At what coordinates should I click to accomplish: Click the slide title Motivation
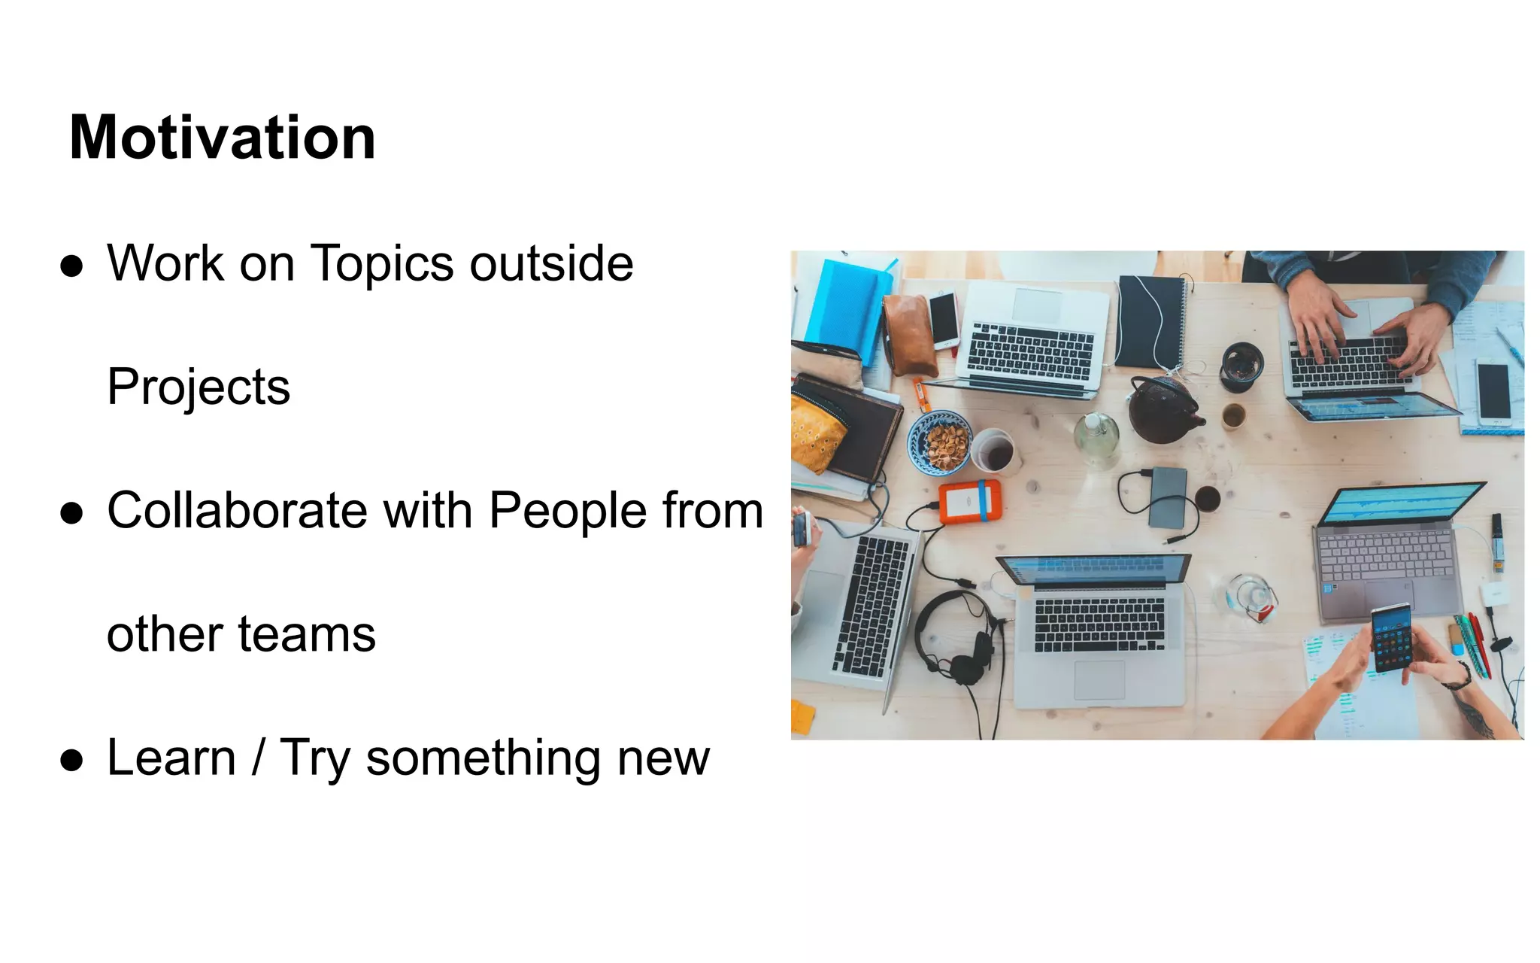click(222, 138)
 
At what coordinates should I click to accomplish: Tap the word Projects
click(199, 387)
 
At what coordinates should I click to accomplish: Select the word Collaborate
click(237, 510)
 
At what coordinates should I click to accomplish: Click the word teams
click(307, 634)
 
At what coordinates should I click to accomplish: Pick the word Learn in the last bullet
click(171, 758)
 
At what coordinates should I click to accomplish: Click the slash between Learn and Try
click(258, 758)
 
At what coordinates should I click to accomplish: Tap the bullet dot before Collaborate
click(71, 513)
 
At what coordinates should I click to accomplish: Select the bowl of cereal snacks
click(941, 442)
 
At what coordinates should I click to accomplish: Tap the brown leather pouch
click(908, 335)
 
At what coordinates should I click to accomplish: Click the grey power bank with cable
click(1168, 497)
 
